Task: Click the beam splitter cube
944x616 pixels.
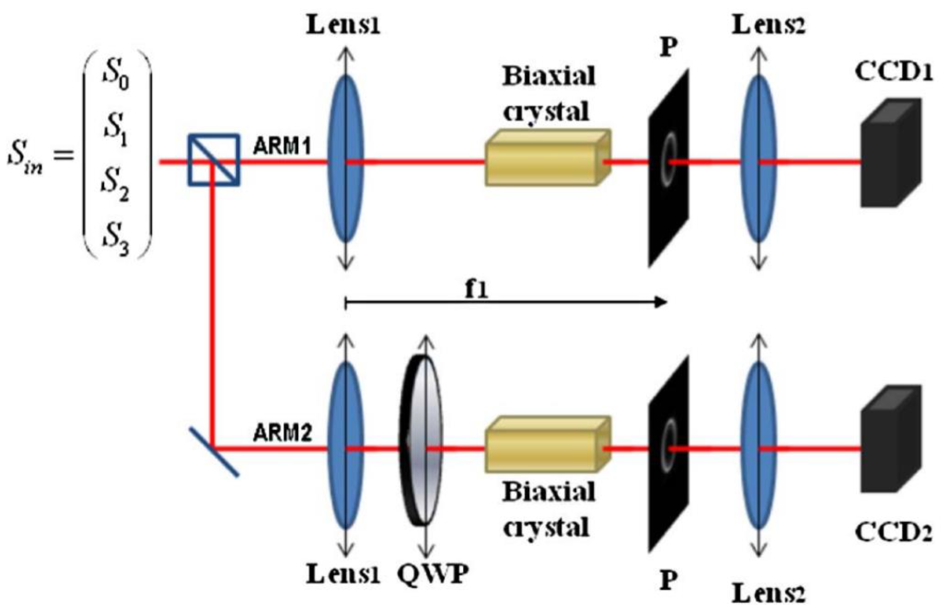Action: [x=214, y=160]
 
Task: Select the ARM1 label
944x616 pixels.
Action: [x=282, y=147]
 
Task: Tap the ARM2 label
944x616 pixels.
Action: [x=282, y=433]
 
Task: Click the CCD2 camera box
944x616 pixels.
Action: [x=890, y=439]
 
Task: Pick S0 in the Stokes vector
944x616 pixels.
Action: [x=116, y=76]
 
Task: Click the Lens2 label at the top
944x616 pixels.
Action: [x=769, y=26]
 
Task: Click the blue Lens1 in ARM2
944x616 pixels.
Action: [x=345, y=445]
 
